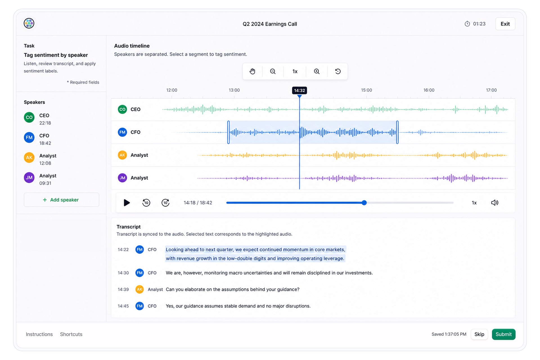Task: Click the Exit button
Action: click(505, 24)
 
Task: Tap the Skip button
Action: click(479, 334)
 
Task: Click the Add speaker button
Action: click(61, 200)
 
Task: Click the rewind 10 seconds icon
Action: click(146, 202)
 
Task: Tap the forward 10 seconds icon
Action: click(165, 202)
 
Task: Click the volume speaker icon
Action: click(495, 202)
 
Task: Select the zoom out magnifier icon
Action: click(273, 71)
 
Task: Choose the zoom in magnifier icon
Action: click(317, 71)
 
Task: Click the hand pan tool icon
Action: click(252, 71)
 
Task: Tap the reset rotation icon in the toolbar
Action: click(338, 71)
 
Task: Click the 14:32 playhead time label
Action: click(300, 90)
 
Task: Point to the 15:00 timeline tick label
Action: click(366, 90)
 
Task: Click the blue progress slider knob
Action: click(364, 202)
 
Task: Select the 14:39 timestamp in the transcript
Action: click(123, 289)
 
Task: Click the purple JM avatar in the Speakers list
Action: click(29, 178)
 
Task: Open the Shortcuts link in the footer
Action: click(71, 334)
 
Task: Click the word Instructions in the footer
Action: click(39, 334)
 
